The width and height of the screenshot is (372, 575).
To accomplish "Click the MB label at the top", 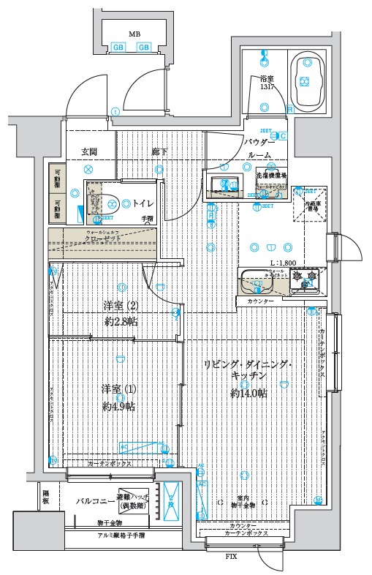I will click(134, 34).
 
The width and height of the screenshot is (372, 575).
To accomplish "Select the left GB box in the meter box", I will click(118, 48).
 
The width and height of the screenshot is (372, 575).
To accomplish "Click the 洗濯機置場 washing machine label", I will click(270, 176).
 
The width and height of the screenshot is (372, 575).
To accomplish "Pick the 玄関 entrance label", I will click(89, 151).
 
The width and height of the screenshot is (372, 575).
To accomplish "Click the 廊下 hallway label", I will click(159, 151).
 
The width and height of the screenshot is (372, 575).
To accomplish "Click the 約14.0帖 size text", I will click(248, 394).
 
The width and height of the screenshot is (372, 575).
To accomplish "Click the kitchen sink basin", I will click(256, 280).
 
